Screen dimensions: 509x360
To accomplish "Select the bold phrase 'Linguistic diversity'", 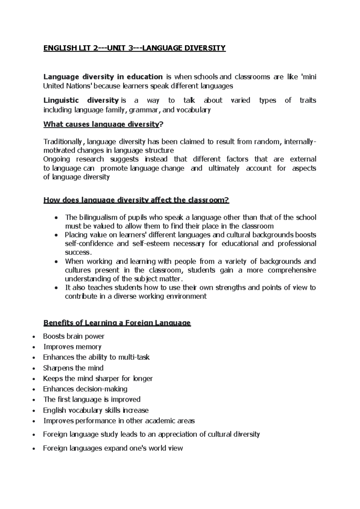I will [x=81, y=100].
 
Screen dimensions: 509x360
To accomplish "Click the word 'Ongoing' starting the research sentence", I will [x=56, y=159].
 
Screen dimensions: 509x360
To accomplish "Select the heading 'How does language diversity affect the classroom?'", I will [x=136, y=200].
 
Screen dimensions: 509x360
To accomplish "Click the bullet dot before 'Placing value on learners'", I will [x=56, y=235].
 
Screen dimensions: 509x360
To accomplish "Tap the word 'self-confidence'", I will [x=89, y=244].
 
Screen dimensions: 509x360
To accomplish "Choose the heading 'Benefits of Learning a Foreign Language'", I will [x=117, y=323].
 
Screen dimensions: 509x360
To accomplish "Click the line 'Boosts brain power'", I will [x=73, y=336].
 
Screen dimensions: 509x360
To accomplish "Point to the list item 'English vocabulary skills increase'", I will [x=96, y=410].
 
